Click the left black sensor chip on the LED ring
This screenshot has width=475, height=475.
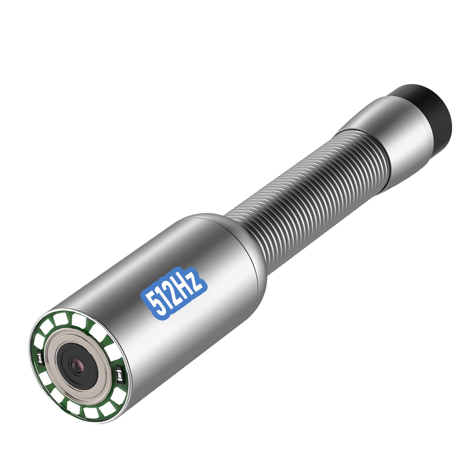[40, 358]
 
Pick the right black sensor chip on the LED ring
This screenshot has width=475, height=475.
[119, 374]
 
